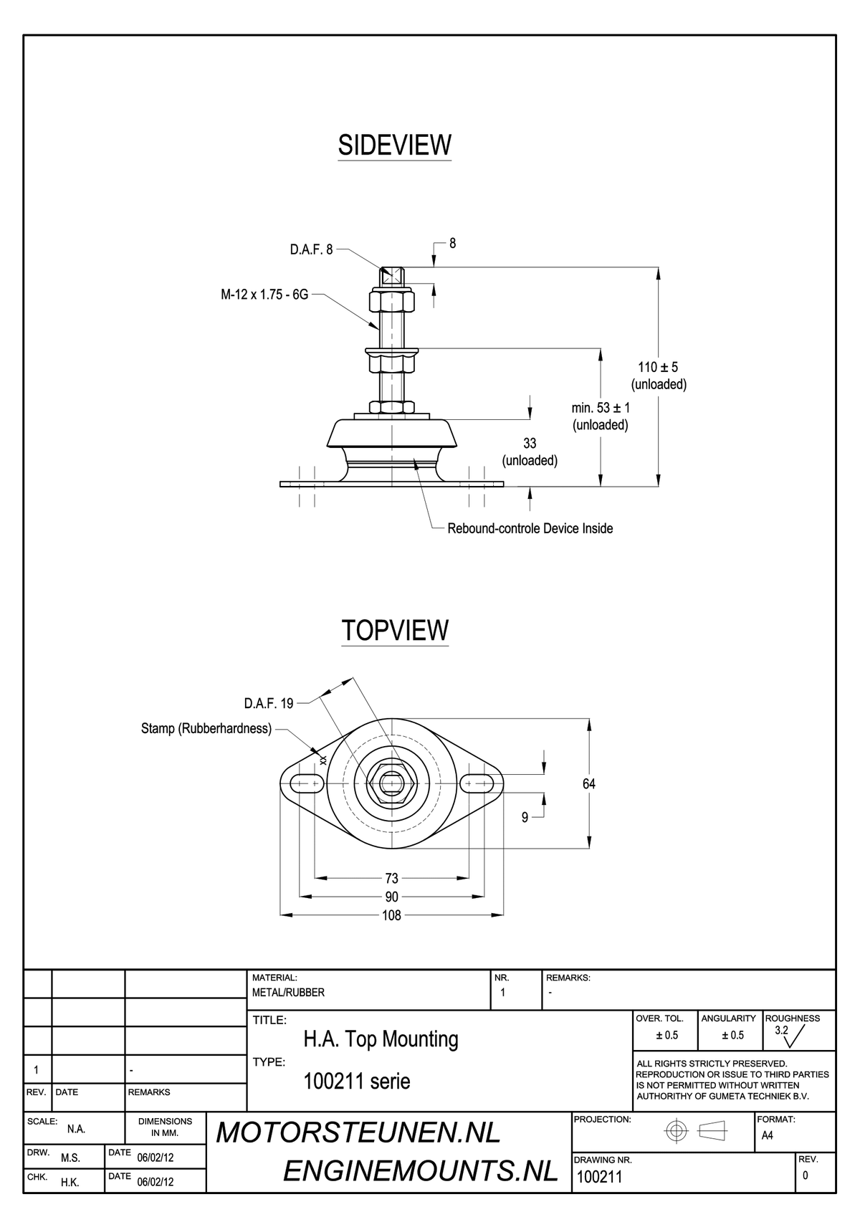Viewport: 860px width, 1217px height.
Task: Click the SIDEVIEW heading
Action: point(394,145)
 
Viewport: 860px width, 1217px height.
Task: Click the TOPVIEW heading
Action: point(395,630)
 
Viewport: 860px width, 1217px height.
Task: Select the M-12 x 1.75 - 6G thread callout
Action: point(264,295)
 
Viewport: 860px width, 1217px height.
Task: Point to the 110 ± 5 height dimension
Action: point(658,367)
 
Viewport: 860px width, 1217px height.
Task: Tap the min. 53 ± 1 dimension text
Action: point(601,408)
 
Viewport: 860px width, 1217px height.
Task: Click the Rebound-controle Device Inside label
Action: point(530,529)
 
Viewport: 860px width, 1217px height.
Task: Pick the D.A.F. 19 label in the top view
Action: point(268,704)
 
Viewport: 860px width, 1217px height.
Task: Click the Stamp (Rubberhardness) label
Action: point(206,729)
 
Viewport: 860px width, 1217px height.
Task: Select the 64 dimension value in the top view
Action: point(589,783)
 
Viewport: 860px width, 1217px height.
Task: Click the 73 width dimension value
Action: point(392,878)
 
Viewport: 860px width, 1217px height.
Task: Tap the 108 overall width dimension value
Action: point(392,915)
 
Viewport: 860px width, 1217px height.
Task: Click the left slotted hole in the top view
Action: point(307,783)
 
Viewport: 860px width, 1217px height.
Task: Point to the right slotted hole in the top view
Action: point(477,783)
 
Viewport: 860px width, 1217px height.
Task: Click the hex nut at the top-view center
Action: point(391,783)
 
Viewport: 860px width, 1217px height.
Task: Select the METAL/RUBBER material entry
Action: point(288,993)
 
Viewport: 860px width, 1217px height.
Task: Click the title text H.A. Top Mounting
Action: point(381,1039)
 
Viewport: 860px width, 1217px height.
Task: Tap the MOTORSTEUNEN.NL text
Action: point(358,1133)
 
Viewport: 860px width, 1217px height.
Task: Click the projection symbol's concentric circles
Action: point(677,1132)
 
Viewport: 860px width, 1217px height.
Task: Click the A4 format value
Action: point(767,1135)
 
